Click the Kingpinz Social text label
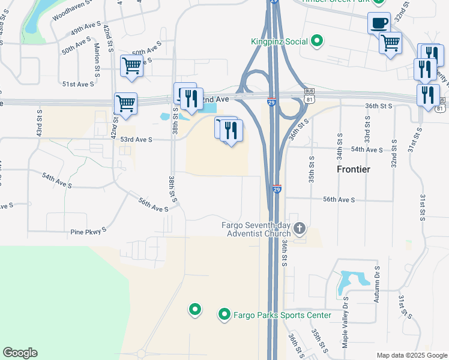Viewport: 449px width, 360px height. (279, 41)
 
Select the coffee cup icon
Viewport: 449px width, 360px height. (379, 23)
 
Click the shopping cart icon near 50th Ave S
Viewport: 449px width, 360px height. (131, 66)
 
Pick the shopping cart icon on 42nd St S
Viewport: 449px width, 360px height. (125, 104)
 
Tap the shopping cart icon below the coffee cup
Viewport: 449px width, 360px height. (390, 43)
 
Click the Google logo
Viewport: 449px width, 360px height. (20, 353)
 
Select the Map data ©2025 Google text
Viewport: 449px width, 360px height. (412, 355)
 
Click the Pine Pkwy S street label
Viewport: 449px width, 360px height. (88, 230)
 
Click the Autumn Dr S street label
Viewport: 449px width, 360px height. (376, 285)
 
